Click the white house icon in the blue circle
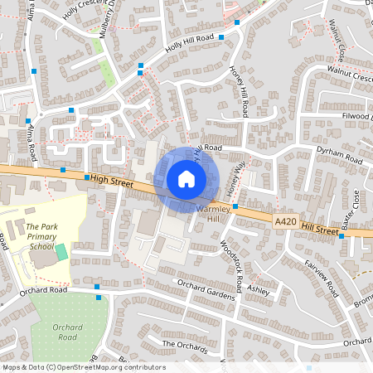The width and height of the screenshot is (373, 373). [x=186, y=179]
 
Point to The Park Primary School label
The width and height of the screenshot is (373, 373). [x=41, y=236]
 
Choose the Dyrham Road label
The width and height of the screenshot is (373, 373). [x=340, y=159]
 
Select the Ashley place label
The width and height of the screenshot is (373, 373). [x=259, y=291]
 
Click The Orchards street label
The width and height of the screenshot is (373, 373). [x=183, y=344]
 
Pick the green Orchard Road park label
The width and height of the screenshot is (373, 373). [x=67, y=332]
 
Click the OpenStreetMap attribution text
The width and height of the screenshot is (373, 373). [x=84, y=367]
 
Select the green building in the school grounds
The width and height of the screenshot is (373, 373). [x=61, y=250]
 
